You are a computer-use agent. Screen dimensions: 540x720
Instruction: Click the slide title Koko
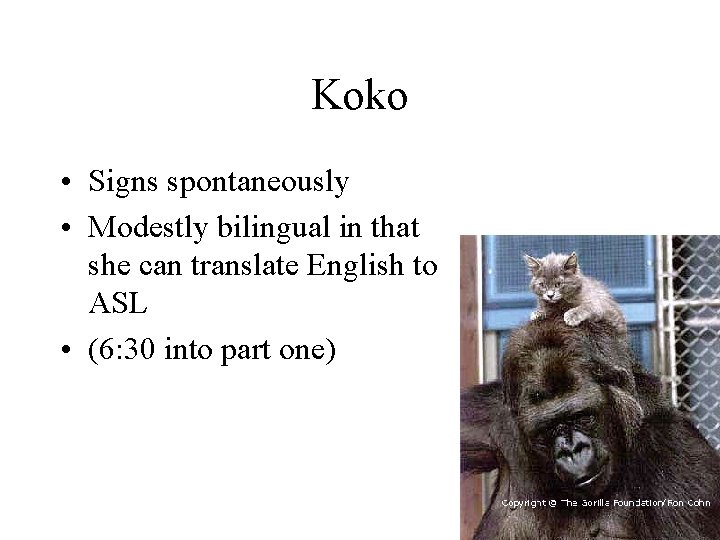[x=359, y=97]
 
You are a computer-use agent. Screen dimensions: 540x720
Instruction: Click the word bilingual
[x=266, y=227]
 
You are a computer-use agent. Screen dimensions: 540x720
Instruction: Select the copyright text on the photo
[x=609, y=502]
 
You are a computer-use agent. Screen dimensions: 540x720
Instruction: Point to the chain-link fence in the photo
[x=690, y=300]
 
